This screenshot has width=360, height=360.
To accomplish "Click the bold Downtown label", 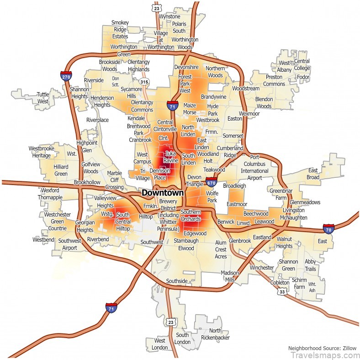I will [x=162, y=193].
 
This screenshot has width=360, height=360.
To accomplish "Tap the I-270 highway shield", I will [x=66, y=75].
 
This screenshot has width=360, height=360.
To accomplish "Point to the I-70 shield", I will [x=328, y=228].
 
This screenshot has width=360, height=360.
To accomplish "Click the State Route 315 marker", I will [x=144, y=82].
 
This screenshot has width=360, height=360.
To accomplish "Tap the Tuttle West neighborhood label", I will [x=42, y=98].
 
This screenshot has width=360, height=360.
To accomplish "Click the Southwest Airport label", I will [x=68, y=244].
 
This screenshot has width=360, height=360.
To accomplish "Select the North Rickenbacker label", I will [x=215, y=334].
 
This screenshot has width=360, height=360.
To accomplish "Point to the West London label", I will [x=159, y=344].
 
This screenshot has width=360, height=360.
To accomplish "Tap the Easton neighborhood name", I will [x=234, y=118].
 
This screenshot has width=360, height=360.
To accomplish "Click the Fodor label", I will [x=303, y=77].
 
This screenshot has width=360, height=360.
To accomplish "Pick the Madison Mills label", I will [x=230, y=276].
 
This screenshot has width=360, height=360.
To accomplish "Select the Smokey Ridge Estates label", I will [x=120, y=29].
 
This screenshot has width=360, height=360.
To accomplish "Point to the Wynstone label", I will [x=169, y=16].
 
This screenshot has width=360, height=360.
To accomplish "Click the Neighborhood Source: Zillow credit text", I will [x=323, y=347].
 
